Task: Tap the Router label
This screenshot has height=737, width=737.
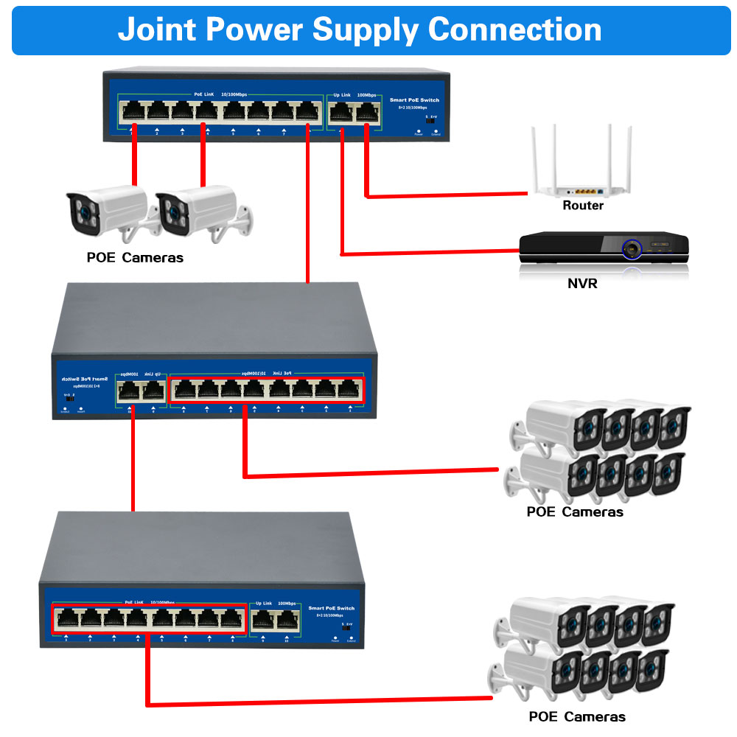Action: click(x=582, y=206)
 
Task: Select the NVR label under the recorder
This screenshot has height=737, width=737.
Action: click(x=582, y=282)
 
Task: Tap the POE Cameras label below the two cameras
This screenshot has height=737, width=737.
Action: click(x=134, y=257)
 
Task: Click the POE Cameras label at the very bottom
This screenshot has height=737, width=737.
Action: click(x=576, y=716)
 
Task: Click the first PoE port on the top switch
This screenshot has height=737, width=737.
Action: click(x=133, y=112)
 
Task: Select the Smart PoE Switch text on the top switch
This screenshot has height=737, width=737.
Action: click(x=414, y=99)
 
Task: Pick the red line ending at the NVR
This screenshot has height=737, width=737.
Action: click(x=427, y=254)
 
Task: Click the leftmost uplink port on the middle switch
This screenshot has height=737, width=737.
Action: click(x=130, y=391)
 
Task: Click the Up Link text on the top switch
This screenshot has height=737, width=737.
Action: click(x=342, y=97)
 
